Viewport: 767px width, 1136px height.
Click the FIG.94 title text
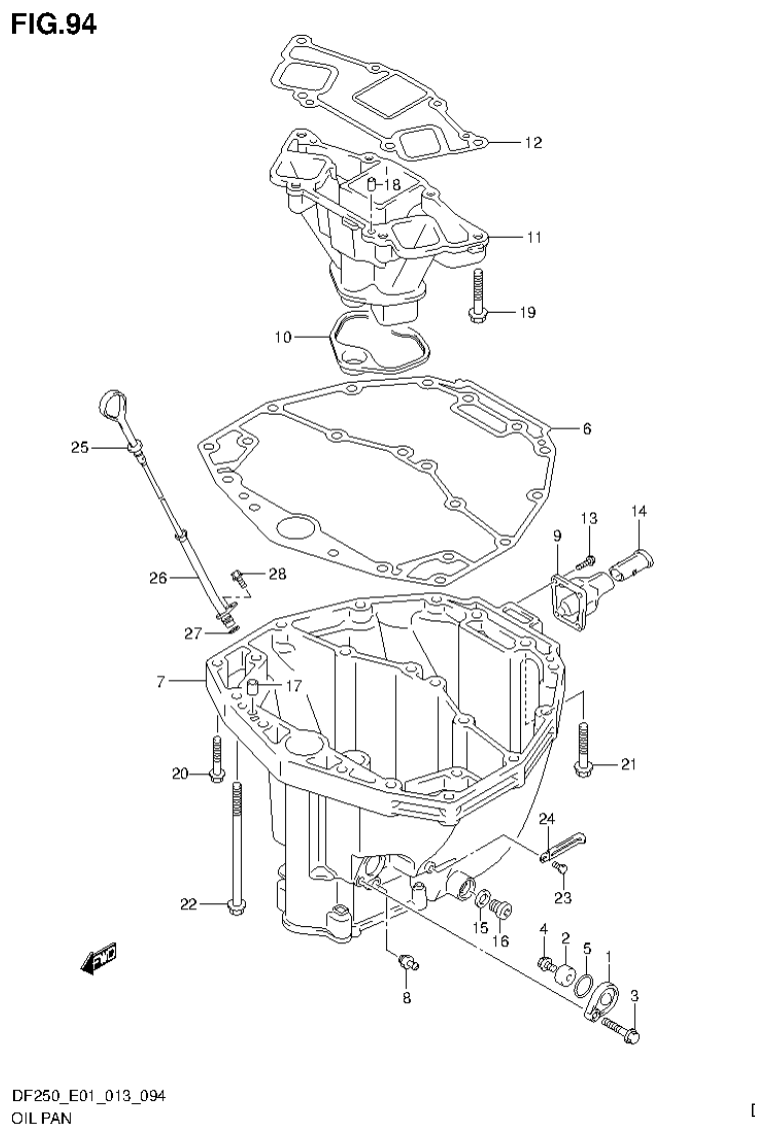pyautogui.click(x=54, y=24)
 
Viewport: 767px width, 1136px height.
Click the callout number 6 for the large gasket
pyautogui.click(x=586, y=429)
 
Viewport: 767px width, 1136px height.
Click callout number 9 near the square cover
pyautogui.click(x=557, y=538)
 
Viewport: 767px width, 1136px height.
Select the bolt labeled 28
pyautogui.click(x=239, y=575)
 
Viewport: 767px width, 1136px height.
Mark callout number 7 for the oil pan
pyautogui.click(x=161, y=681)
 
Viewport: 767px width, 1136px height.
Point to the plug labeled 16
pyautogui.click(x=503, y=908)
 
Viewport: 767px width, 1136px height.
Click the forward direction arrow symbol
pyautogui.click(x=100, y=958)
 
